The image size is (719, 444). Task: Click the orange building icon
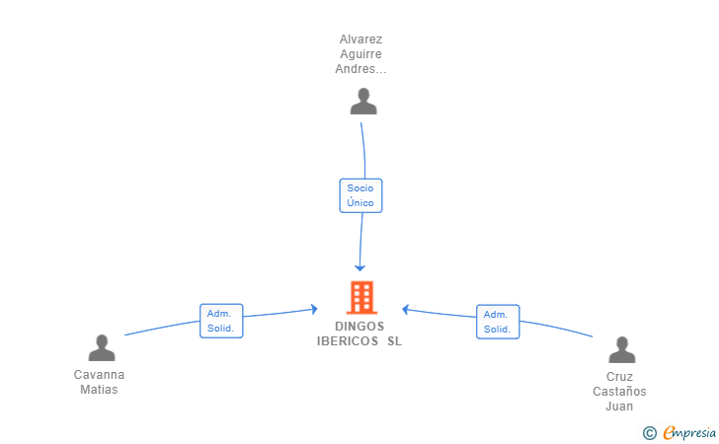[x=361, y=297]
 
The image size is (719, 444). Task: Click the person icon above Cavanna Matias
[x=102, y=348]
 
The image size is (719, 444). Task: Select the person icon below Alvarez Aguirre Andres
[x=363, y=102]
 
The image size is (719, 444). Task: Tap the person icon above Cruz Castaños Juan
[x=621, y=350]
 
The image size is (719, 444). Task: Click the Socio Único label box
[x=360, y=194]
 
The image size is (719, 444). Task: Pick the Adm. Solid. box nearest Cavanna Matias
[x=220, y=321]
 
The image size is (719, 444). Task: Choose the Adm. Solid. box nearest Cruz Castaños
[x=497, y=322]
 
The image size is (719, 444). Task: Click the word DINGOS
[x=359, y=327]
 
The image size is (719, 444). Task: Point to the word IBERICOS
[x=347, y=341]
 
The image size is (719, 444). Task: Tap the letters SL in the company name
[x=395, y=341]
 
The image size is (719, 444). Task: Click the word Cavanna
[x=99, y=375]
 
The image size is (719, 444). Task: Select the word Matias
[x=99, y=390]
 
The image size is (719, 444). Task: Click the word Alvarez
[x=360, y=40]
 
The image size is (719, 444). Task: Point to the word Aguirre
[x=360, y=55]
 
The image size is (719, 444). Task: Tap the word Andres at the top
[x=358, y=70]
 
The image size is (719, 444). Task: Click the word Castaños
[x=619, y=392]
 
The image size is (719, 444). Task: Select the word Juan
[x=619, y=407]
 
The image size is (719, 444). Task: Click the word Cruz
[x=619, y=377]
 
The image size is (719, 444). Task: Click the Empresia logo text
[x=689, y=432]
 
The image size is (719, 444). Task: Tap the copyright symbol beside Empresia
[x=649, y=432]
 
